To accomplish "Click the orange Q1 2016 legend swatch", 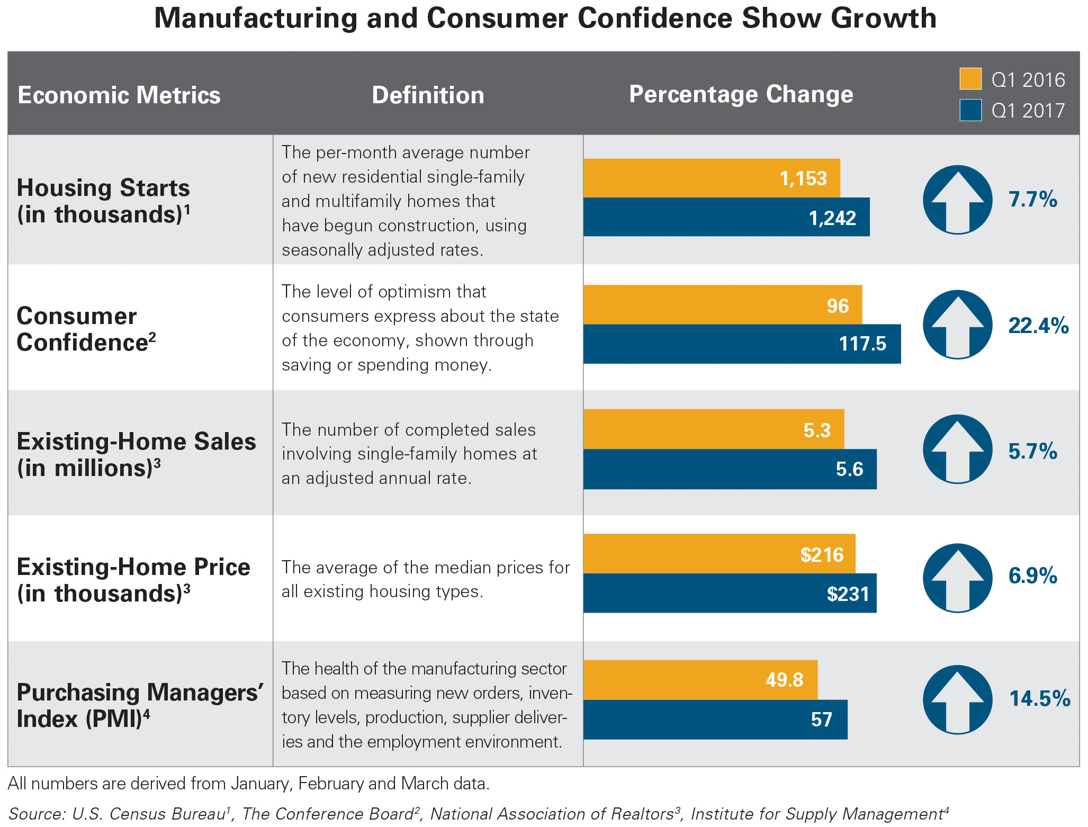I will (970, 79).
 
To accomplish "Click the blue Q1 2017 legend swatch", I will (970, 110).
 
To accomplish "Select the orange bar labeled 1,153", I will (711, 178).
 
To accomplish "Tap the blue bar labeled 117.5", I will (741, 344).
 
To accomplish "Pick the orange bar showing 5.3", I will (713, 429).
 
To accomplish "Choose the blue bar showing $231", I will (730, 593).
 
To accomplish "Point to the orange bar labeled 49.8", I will (700, 679).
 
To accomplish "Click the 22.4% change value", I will (1038, 326).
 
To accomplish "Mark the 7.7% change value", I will (1032, 200).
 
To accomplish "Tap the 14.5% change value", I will (1039, 699).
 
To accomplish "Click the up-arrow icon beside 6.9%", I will (957, 578).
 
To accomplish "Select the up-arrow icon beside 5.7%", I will (957, 449).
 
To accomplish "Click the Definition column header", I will (428, 95).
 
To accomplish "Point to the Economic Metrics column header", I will (119, 95).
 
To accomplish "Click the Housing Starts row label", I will (104, 201).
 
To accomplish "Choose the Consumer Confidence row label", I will (86, 329).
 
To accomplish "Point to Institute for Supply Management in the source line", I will (816, 814).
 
